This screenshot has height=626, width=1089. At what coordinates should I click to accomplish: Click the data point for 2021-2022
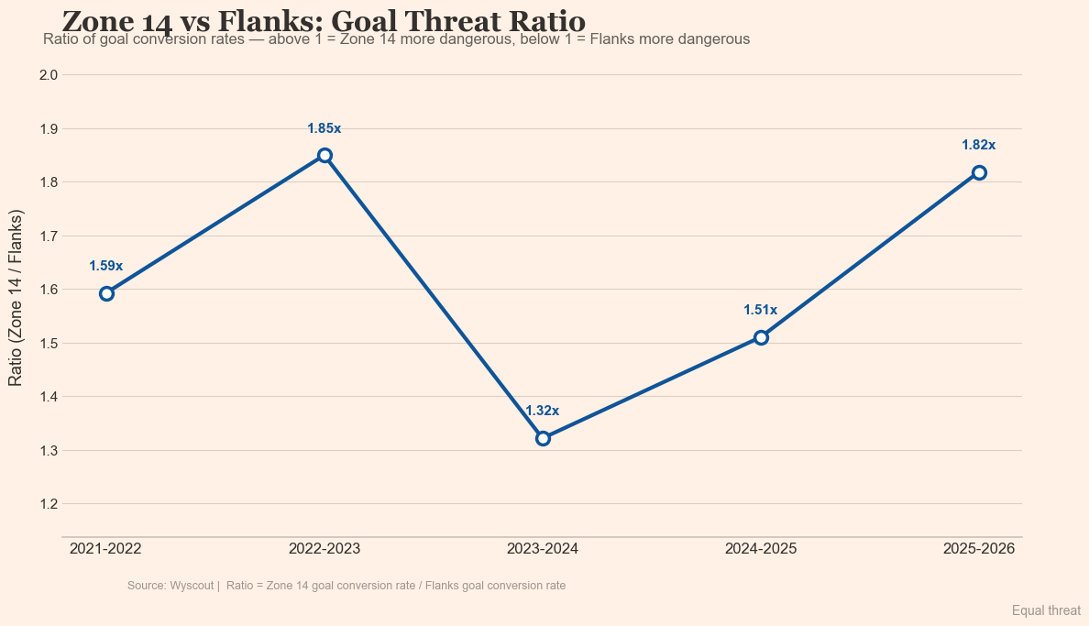pos(106,293)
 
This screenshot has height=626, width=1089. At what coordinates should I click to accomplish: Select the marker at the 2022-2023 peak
pos(324,155)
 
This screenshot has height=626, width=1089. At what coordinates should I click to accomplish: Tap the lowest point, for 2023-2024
pos(543,438)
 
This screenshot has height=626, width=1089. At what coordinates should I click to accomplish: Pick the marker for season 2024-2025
pos(761,337)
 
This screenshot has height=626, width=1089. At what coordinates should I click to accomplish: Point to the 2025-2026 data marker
pos(979,172)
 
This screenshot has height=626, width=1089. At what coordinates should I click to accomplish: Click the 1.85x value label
pos(324,129)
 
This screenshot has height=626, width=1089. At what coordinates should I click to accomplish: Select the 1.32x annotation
pos(543,412)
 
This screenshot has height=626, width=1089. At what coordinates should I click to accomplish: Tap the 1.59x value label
pos(106,267)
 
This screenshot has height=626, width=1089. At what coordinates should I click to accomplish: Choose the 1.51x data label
pos(761,311)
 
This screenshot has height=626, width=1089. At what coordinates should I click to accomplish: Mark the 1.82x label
pos(979,146)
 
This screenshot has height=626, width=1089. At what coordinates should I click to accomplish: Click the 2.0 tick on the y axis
pos(49,75)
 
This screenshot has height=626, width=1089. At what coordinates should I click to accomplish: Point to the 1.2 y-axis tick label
pos(49,504)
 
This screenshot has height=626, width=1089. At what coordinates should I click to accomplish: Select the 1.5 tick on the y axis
pos(49,344)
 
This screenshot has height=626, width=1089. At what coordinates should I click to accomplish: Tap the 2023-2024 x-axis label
pos(543,549)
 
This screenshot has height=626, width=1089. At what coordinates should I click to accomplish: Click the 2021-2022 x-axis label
pos(106,549)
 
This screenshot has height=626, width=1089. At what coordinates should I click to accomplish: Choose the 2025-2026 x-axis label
pos(979,549)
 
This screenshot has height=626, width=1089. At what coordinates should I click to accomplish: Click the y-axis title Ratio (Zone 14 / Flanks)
pos(16,298)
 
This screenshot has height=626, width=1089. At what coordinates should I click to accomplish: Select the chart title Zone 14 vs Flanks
pos(324,20)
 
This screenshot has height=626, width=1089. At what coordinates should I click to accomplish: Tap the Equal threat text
pos(1046,610)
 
